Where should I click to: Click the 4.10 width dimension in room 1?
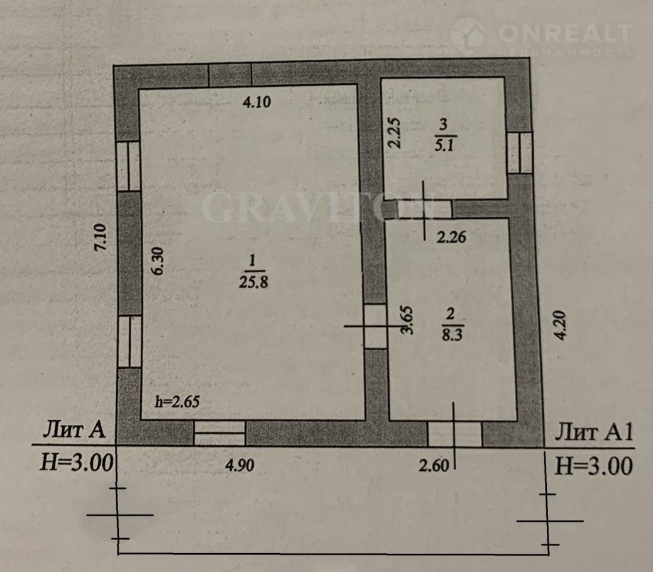(256, 102)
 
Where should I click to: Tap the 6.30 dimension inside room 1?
(158, 261)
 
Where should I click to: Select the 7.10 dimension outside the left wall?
(101, 238)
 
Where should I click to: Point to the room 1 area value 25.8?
(253, 282)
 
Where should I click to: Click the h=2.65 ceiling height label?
(177, 402)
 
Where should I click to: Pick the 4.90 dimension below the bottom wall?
(239, 465)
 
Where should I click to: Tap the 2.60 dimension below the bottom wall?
(434, 465)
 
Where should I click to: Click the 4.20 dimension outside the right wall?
(561, 326)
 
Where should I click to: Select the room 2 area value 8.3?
(452, 334)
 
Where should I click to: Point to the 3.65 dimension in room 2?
(407, 321)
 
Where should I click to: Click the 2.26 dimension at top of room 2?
(451, 237)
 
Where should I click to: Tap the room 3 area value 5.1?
(444, 145)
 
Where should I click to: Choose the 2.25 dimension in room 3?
(394, 133)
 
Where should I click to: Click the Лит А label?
(74, 429)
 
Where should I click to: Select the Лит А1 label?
(594, 432)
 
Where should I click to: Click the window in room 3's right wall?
(520, 153)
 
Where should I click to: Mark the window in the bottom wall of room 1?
(219, 433)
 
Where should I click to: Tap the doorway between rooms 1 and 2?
(375, 327)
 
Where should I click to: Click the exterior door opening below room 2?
(455, 434)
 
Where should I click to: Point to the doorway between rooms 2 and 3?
(424, 209)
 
